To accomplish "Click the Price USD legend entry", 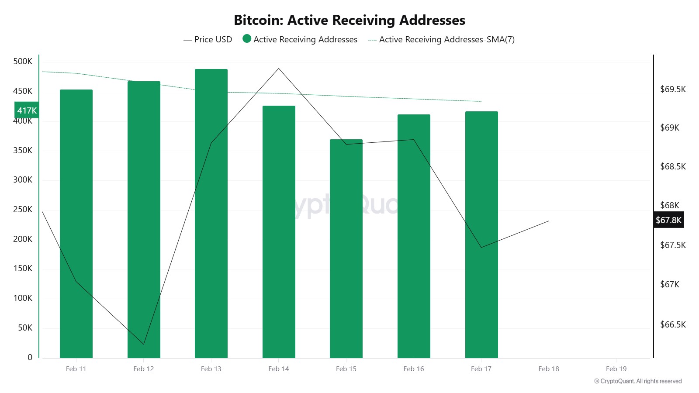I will point(208,39).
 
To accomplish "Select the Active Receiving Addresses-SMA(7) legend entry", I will point(442,39).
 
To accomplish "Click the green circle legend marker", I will point(247,39).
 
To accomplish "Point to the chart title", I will point(349,20).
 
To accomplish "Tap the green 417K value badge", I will point(27,110).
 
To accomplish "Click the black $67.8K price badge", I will point(668,220).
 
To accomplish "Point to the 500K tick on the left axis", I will point(23,62).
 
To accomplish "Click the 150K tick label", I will point(23,269).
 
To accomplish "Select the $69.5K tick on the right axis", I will point(673,90).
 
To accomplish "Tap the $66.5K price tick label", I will point(673,324).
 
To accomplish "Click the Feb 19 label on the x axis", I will point(616,369).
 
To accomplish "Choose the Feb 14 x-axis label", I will point(279,369).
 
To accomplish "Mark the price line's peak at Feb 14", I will point(279,69).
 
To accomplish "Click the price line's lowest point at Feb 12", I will point(144,344).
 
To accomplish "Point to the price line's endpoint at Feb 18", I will point(549,221).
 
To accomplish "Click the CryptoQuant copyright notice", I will point(638,381).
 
